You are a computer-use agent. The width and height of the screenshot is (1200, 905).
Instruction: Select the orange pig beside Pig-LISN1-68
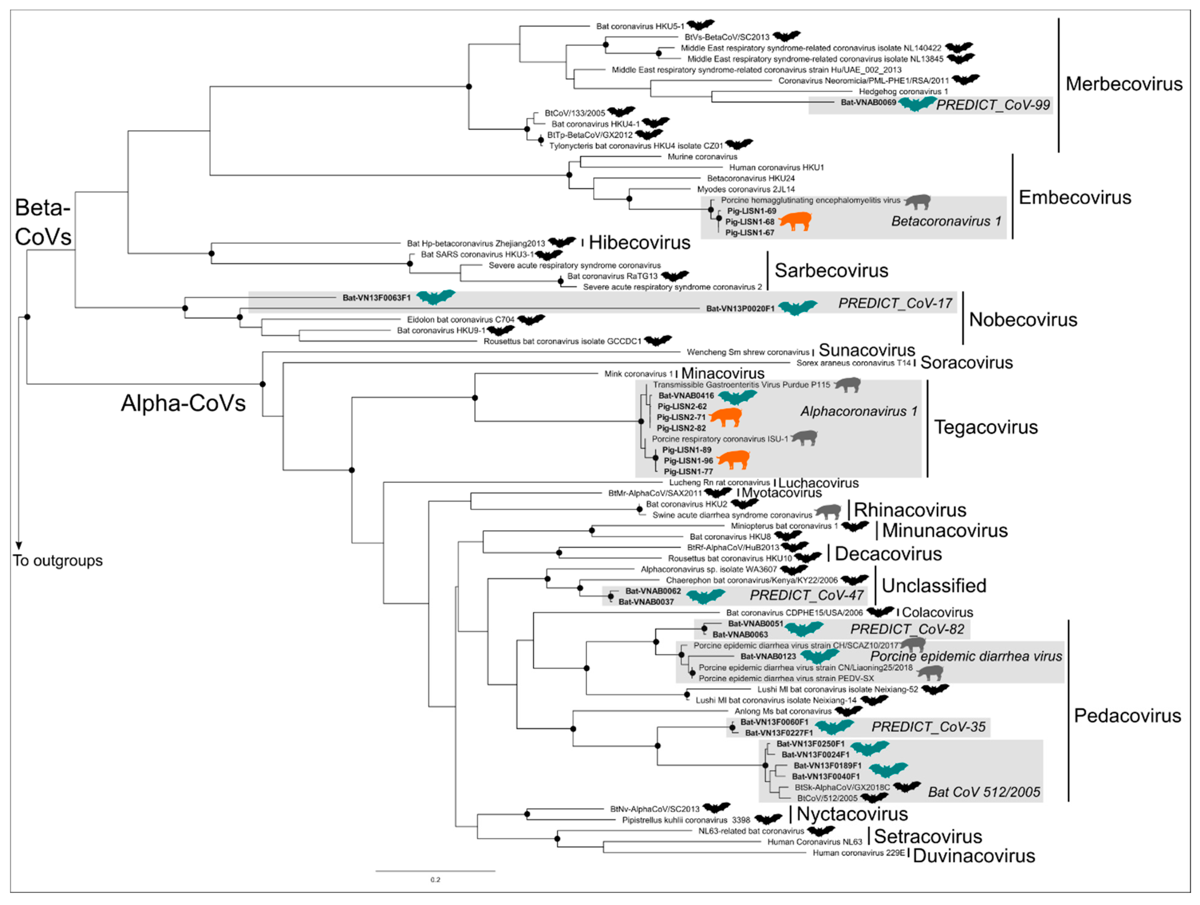pos(795,221)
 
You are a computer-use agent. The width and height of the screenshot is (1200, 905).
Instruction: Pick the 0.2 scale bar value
pos(435,879)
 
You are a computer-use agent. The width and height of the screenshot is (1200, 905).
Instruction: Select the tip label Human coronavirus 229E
pos(859,853)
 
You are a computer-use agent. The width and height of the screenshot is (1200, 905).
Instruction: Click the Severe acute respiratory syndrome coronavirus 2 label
pos(672,287)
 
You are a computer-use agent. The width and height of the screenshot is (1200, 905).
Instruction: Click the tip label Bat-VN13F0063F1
pos(376,298)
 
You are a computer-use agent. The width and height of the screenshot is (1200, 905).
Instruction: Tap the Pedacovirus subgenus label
pos(1127,716)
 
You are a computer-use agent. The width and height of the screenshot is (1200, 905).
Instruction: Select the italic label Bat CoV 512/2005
pos(983,792)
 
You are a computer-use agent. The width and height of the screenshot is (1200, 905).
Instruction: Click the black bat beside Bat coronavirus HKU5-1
pos(700,25)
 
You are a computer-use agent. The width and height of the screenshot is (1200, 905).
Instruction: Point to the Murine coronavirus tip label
pos(702,157)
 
